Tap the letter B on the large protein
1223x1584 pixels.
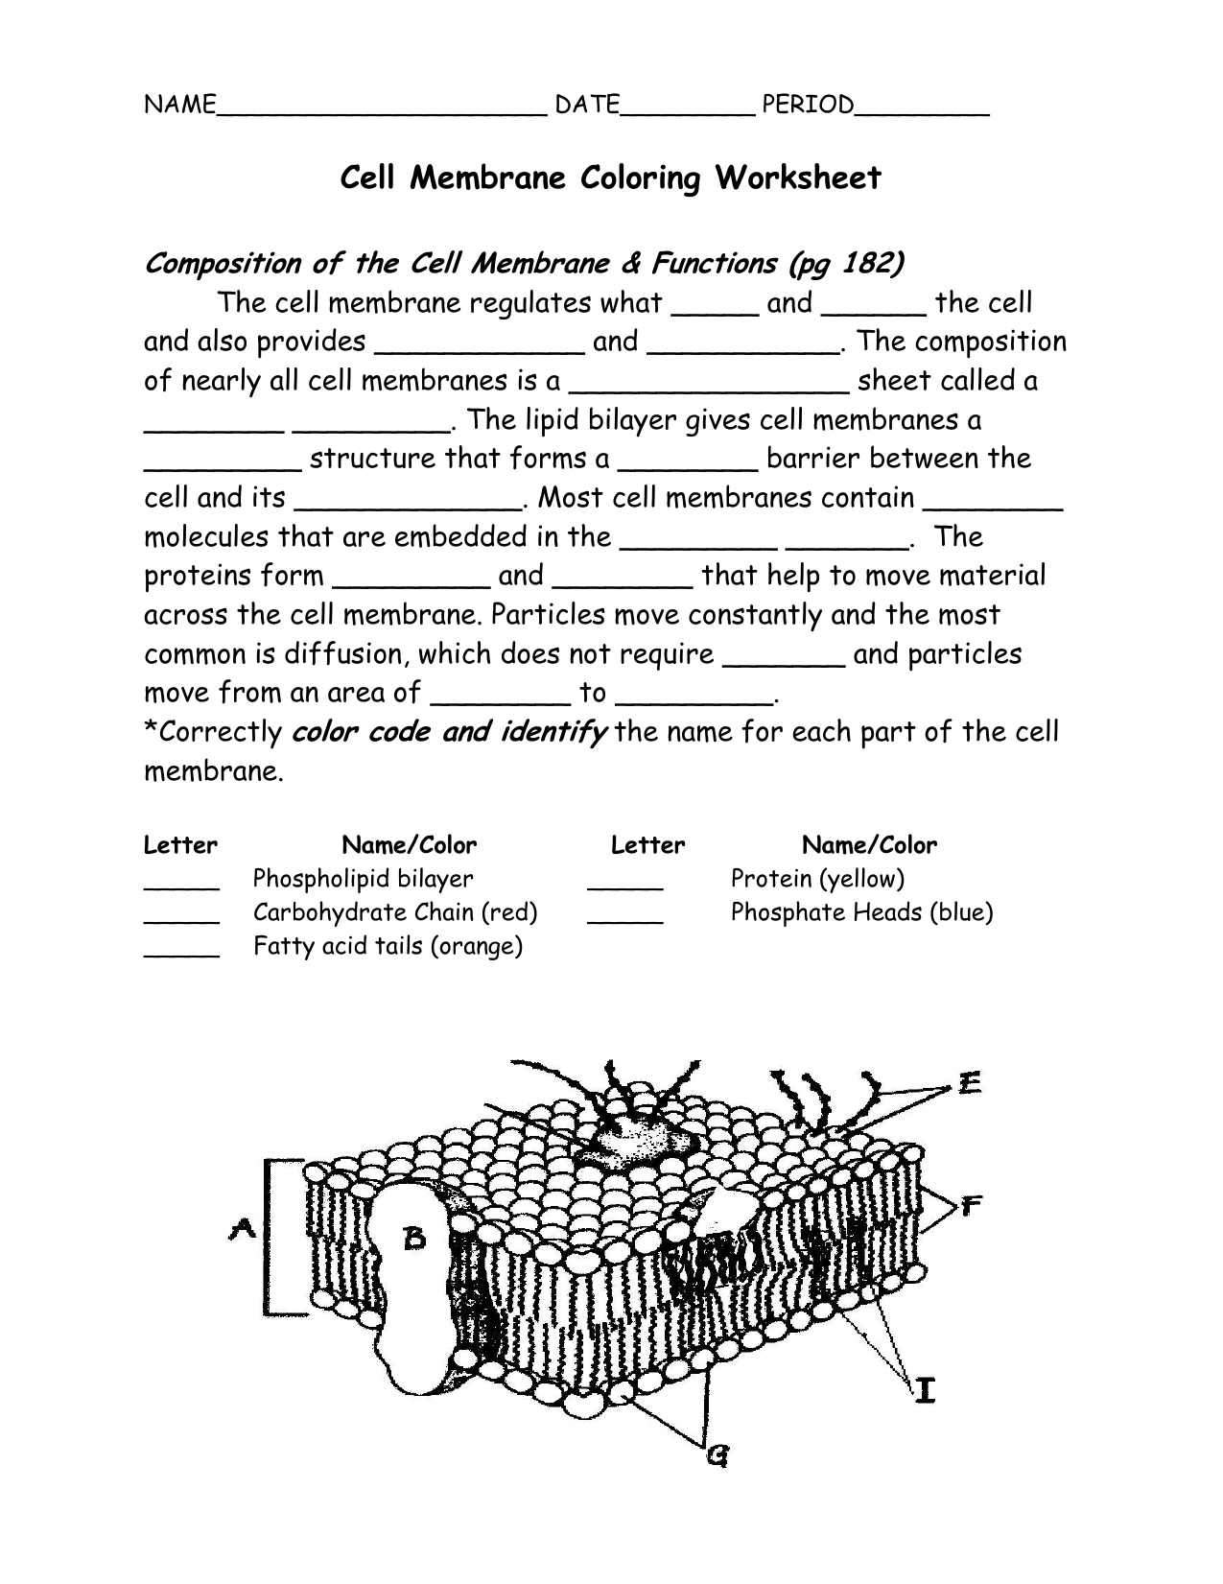coord(413,1239)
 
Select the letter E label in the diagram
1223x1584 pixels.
coord(969,1084)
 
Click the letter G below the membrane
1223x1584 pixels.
coord(717,1456)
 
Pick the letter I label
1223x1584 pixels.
coord(924,1388)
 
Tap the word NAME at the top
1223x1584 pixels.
coord(178,105)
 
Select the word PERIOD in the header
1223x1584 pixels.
coord(807,105)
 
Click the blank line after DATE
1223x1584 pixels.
coord(686,111)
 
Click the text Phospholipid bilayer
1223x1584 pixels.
coord(363,879)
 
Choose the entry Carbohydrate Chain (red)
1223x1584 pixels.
coord(394,912)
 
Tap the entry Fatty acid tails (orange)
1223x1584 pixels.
coord(388,947)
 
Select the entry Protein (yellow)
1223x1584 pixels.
coord(817,879)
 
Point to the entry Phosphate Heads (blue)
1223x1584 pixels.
coord(861,912)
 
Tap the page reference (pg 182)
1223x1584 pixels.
coord(845,263)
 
